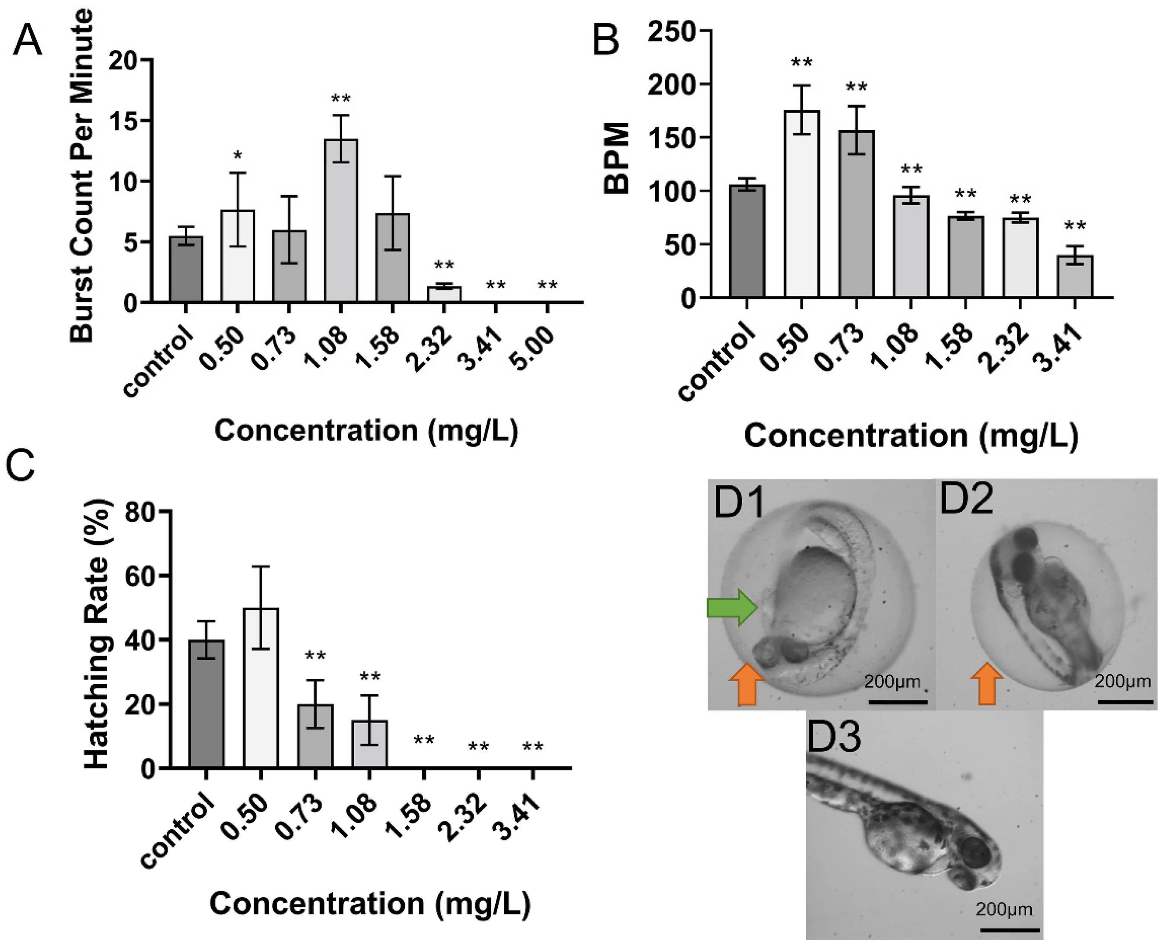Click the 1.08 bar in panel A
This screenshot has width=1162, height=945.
(x=341, y=221)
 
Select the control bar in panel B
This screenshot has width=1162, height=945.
(x=747, y=241)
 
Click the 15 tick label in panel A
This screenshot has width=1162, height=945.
(x=125, y=121)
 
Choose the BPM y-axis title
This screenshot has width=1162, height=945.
(x=617, y=158)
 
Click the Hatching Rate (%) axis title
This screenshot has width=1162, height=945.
(x=98, y=634)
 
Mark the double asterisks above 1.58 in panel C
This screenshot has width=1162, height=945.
(x=424, y=741)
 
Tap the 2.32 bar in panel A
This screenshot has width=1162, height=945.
(x=444, y=294)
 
